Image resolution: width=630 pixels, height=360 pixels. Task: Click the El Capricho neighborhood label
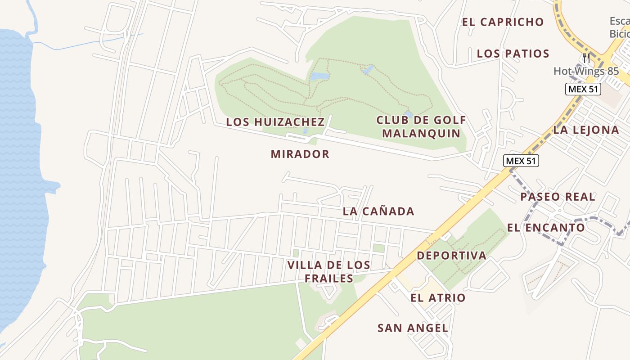(x=503, y=22)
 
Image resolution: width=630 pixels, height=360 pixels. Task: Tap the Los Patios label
(x=513, y=54)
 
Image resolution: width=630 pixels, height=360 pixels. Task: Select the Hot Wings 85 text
(x=586, y=71)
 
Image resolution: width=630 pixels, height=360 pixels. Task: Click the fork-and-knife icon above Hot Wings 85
(x=586, y=58)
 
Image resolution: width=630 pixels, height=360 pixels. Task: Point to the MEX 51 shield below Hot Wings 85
(x=583, y=89)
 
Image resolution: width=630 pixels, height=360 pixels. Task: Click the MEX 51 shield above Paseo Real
(x=521, y=161)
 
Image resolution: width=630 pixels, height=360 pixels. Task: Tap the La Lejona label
(x=586, y=130)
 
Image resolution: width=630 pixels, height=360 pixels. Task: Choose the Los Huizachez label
(x=275, y=122)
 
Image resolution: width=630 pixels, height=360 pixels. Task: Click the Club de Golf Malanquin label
(x=421, y=127)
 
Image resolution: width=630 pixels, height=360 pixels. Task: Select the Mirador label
(x=300, y=154)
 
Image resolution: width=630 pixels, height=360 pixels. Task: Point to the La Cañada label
(x=378, y=211)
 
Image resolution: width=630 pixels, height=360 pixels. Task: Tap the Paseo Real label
(x=558, y=197)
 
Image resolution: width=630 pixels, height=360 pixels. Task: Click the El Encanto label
(x=546, y=228)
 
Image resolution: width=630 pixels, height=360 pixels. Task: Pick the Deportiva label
(x=451, y=256)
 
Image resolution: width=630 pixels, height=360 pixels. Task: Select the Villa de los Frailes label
(x=328, y=272)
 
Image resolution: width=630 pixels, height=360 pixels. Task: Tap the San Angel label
(x=413, y=328)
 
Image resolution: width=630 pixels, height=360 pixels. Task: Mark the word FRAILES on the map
(x=328, y=279)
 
